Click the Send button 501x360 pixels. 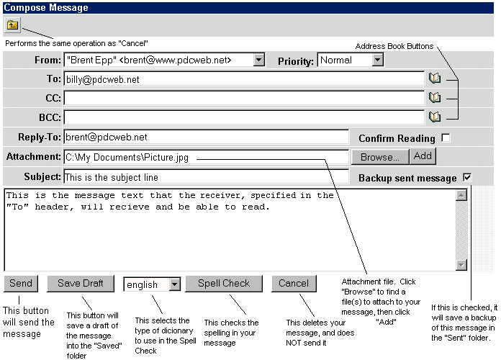(x=21, y=284)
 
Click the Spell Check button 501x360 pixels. (x=224, y=284)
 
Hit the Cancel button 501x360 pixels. (x=294, y=284)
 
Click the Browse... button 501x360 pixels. (x=380, y=157)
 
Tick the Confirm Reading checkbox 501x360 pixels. (x=446, y=138)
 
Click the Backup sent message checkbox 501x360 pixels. (x=467, y=177)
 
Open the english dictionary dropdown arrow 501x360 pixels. (x=174, y=284)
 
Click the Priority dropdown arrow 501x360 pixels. (x=377, y=60)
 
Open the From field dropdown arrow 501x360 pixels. (x=259, y=60)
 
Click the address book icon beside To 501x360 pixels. (x=435, y=78)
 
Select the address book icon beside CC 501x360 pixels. (x=435, y=97)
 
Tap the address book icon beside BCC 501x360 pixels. (x=435, y=117)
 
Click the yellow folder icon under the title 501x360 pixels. (x=12, y=25)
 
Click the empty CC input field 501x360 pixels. (x=244, y=98)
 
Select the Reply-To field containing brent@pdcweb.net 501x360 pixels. (x=206, y=137)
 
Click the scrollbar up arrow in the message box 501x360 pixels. (x=461, y=195)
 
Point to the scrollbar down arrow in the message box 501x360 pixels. (x=461, y=265)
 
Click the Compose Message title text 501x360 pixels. (x=46, y=8)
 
